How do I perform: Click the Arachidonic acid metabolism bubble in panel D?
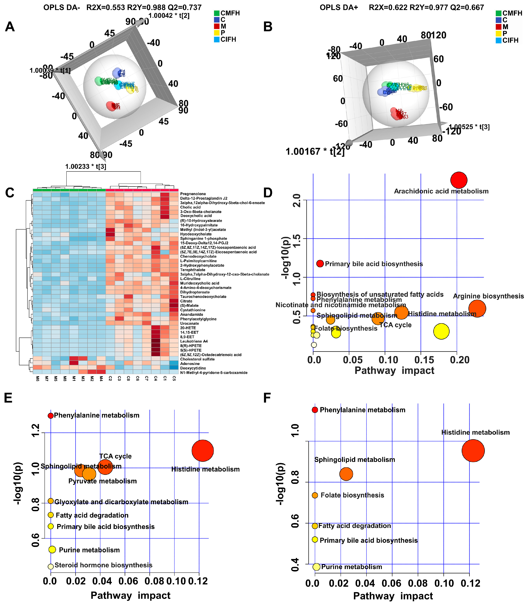point(458,180)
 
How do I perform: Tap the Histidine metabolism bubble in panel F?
point(473,451)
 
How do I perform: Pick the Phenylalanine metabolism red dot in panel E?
point(51,416)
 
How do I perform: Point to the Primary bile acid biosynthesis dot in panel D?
point(320,263)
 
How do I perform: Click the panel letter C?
point(10,193)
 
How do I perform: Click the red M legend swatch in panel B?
point(499,27)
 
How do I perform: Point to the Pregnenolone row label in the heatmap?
point(193,194)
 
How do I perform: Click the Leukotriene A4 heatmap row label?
point(194,341)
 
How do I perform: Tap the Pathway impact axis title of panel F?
point(393,596)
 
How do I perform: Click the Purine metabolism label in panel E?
point(89,550)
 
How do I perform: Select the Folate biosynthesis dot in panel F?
point(315,495)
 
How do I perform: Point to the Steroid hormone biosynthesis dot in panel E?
point(51,566)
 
